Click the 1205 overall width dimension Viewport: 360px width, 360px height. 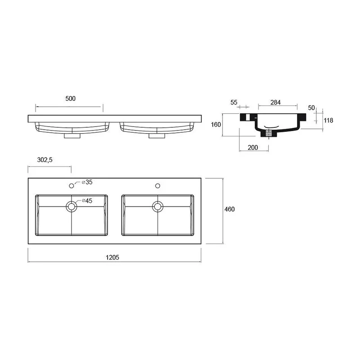[x=112, y=257]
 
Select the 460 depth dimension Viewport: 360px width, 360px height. [x=229, y=209]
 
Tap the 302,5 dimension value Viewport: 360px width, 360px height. [x=45, y=160]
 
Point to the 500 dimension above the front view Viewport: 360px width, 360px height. [x=71, y=99]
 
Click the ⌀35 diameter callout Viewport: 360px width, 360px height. [x=87, y=182]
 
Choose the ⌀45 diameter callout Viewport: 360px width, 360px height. [x=87, y=201]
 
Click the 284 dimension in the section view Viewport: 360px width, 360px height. [x=275, y=103]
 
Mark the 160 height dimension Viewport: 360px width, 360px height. [x=216, y=125]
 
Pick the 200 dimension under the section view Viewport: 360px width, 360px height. [x=253, y=148]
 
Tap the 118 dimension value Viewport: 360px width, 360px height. [x=328, y=120]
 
